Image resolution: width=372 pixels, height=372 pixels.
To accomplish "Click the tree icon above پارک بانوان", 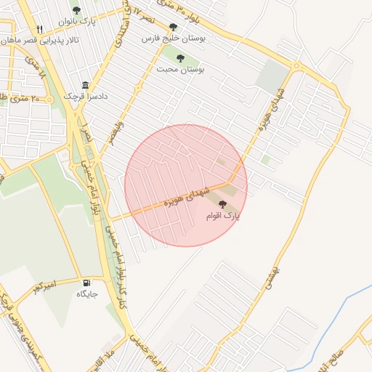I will (x=76, y=11).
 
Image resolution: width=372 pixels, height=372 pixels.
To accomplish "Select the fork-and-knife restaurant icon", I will (x=40, y=30).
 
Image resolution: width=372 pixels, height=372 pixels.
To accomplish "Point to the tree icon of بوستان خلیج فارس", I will (x=174, y=28).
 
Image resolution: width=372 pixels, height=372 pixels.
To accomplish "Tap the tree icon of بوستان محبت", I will (x=180, y=58).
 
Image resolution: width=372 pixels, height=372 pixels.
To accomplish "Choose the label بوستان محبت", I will (x=180, y=69).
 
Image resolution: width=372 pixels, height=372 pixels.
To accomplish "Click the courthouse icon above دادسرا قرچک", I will (x=86, y=85).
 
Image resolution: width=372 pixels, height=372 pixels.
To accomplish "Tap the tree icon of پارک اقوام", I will (x=222, y=205).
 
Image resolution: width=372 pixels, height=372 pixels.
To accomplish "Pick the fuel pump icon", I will (x=87, y=283).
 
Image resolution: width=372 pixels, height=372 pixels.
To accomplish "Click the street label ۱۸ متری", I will (x=41, y=80).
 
